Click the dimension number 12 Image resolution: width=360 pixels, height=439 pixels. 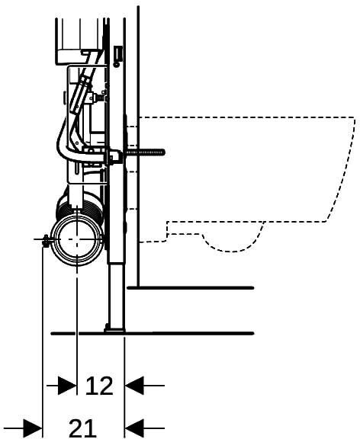[99, 386]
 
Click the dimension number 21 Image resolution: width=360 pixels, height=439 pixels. [82, 428]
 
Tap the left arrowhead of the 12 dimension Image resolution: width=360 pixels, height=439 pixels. [67, 386]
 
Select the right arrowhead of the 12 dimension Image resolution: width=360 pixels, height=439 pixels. [134, 386]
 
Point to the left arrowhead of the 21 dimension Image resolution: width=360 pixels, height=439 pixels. [33, 428]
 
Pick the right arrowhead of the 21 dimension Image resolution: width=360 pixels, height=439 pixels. [134, 428]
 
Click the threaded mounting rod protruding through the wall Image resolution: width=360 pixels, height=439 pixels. [145, 152]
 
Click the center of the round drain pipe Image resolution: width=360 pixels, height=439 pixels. [77, 239]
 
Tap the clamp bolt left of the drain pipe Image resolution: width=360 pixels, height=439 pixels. [45, 239]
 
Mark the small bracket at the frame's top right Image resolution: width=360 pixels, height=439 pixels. [118, 56]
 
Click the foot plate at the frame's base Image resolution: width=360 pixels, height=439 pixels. [115, 330]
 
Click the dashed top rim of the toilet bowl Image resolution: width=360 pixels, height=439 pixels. [246, 117]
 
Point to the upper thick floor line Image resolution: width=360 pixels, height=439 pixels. [191, 287]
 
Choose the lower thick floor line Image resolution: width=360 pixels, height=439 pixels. [152, 333]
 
